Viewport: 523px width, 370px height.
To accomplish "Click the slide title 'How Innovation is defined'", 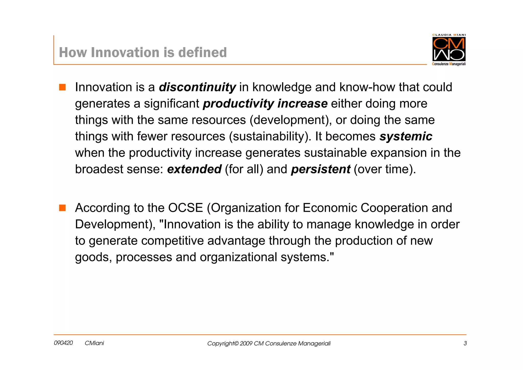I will [x=143, y=52].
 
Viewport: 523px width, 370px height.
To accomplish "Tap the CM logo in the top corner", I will [x=449, y=49].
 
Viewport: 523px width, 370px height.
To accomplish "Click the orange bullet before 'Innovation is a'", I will [x=62, y=87].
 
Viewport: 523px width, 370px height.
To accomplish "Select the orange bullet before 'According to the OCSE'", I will [x=62, y=208].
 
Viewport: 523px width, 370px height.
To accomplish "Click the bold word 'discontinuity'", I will [x=197, y=87].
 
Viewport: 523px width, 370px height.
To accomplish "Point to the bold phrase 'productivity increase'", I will [x=265, y=104].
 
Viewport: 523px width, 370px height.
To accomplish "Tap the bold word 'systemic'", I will [x=406, y=136].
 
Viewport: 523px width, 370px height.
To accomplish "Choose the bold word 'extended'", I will [x=194, y=169].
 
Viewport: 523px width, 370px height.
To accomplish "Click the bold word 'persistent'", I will [x=320, y=169].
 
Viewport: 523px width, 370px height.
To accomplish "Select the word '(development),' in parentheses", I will [x=291, y=120].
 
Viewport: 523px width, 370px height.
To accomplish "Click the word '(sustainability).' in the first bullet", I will [x=270, y=136].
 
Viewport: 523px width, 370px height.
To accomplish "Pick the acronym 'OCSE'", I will [x=185, y=208].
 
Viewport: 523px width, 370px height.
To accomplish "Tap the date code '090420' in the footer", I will [x=63, y=343].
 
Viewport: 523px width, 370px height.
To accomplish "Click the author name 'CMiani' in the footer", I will [x=94, y=343].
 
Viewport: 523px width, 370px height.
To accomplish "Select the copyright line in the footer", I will [x=269, y=343].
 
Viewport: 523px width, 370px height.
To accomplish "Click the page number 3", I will [x=465, y=343].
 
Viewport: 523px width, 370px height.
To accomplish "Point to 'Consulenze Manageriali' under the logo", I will [x=449, y=64].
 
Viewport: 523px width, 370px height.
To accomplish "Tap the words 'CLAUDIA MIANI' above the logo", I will [x=449, y=35].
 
